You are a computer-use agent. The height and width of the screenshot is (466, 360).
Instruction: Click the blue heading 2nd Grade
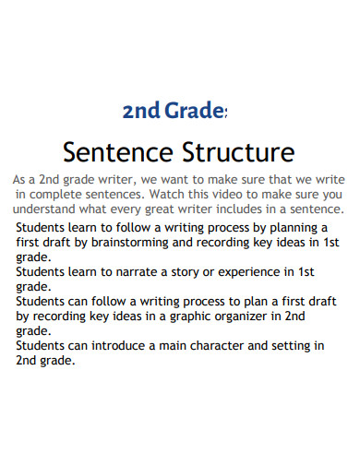tap(174, 113)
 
